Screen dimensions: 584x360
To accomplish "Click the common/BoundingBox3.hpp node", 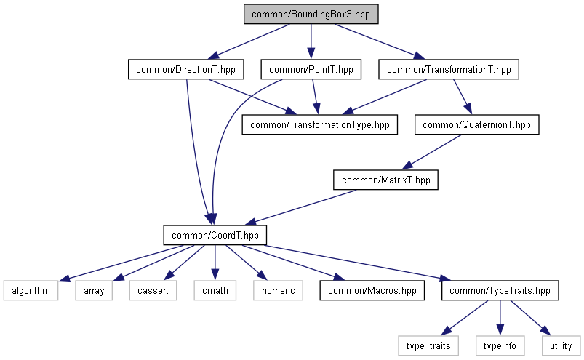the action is (x=311, y=14).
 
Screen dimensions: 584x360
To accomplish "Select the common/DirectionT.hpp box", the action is (x=186, y=69).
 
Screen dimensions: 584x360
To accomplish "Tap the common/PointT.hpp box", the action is (x=311, y=69).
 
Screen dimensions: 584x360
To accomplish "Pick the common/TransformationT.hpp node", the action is (x=449, y=69).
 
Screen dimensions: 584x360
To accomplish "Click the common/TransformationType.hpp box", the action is (x=319, y=124).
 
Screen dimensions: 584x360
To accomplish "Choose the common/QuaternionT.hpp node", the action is (x=477, y=124).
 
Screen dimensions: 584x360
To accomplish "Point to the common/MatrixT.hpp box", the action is (x=386, y=180).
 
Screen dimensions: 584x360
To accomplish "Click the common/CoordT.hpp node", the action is (x=215, y=236).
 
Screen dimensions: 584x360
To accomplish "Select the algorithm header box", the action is (x=31, y=290).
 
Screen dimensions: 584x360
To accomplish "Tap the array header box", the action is (x=94, y=290).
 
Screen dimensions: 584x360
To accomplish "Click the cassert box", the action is (x=153, y=290).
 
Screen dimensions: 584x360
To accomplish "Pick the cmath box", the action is (x=215, y=290).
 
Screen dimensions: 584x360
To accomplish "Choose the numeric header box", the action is (x=279, y=290).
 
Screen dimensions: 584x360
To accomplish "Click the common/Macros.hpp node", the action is (x=372, y=290).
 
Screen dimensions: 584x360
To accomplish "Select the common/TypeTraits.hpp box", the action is (x=500, y=290).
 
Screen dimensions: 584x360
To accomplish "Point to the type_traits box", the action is (x=428, y=346).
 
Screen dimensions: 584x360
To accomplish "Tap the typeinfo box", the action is (x=500, y=346).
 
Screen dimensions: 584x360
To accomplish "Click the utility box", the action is (x=561, y=346).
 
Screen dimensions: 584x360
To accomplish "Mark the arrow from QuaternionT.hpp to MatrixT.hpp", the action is (x=432, y=151).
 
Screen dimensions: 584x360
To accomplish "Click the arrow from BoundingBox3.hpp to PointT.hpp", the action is (x=311, y=41).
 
